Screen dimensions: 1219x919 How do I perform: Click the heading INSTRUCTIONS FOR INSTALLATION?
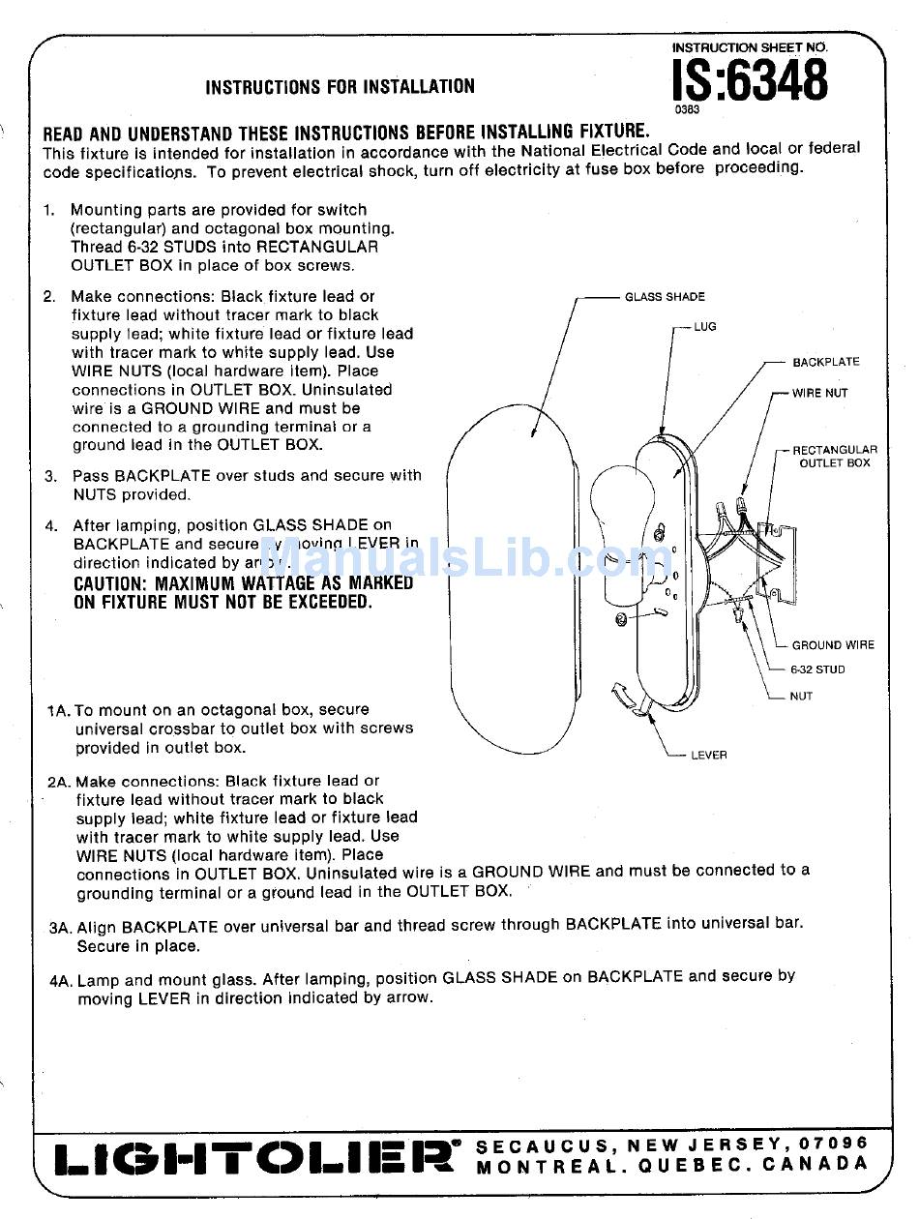tap(340, 87)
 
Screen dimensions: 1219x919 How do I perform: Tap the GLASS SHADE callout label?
tap(665, 297)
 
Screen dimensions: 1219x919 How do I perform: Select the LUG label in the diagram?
tap(705, 327)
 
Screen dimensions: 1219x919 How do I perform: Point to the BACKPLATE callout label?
tap(825, 362)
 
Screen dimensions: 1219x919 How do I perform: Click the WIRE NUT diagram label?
tap(819, 393)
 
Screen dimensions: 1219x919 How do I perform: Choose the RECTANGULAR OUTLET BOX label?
tap(834, 457)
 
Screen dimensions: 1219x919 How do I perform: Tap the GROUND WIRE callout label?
tap(832, 645)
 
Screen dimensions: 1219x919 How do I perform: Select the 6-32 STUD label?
tap(817, 669)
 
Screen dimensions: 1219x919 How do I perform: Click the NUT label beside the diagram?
tap(801, 697)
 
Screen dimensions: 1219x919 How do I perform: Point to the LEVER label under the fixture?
tap(708, 756)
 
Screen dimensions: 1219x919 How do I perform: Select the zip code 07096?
tap(834, 1144)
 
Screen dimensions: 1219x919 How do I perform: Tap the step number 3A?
tap(60, 927)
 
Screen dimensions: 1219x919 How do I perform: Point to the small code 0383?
tap(687, 109)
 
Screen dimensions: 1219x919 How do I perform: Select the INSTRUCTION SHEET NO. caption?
tap(750, 46)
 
